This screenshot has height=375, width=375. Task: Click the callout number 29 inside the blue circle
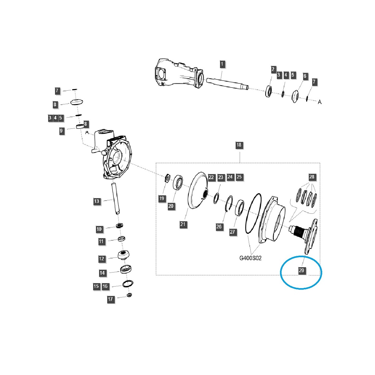301,271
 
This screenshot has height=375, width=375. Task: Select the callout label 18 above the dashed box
239,145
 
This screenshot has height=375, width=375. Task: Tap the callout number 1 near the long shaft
222,65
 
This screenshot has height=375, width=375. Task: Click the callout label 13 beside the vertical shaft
97,201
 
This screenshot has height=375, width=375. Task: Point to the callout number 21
183,224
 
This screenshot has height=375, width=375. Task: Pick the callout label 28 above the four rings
312,177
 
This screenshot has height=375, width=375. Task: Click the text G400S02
250,258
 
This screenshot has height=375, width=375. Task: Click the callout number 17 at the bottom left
110,299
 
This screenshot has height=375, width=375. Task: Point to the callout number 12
102,259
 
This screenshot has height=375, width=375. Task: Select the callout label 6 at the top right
305,76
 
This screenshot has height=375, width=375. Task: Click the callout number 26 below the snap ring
219,227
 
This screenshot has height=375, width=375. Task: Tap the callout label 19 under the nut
162,198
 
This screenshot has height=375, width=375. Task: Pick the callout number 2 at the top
273,69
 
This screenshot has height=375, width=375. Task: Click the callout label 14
102,273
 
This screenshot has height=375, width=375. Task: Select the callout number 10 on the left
99,229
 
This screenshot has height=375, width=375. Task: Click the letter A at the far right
319,102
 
